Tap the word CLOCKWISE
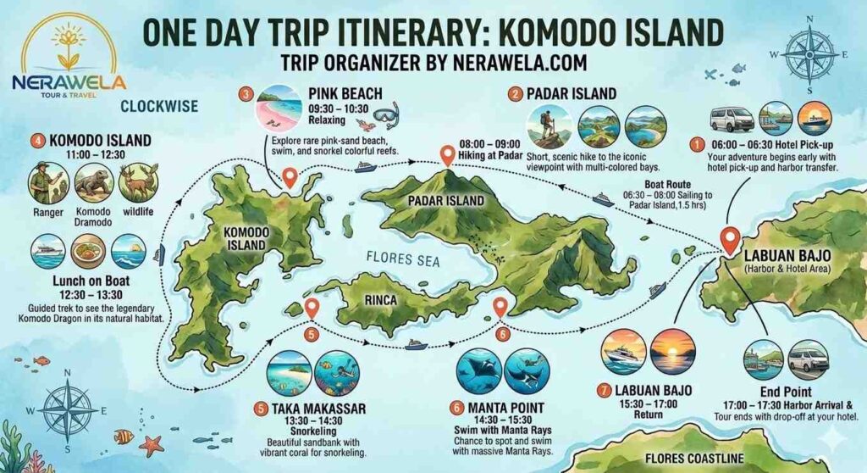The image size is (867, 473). point(159,107)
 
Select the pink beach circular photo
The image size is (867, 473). point(279,107)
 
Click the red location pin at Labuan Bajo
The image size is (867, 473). point(727,238)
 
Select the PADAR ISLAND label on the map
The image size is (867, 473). point(445,201)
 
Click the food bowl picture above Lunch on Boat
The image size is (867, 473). point(89,251)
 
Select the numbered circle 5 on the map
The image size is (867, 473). point(311,334)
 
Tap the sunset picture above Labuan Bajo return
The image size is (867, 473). point(673,351)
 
